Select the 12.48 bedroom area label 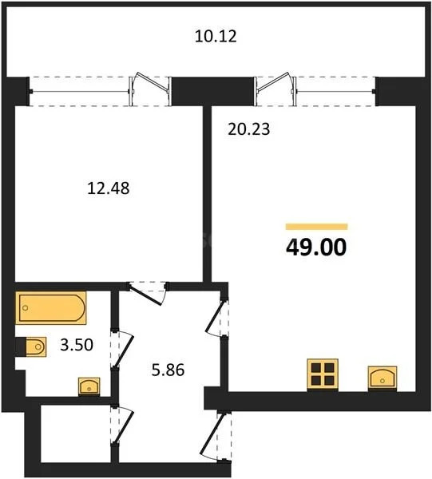click(108, 189)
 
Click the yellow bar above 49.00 click(316, 227)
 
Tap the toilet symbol click(34, 346)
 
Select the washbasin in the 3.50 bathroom click(89, 386)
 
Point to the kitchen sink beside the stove click(382, 377)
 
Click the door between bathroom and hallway click(117, 350)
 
